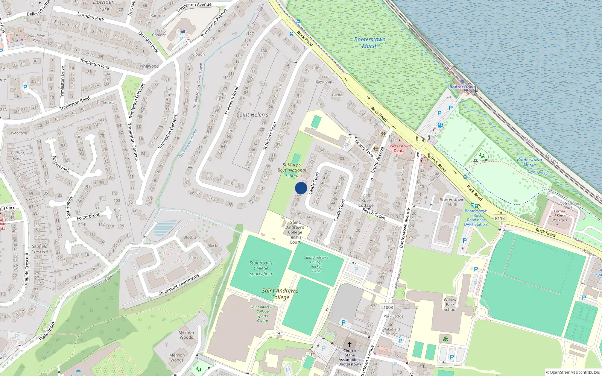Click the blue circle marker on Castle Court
(x=301, y=188)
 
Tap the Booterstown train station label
(x=462, y=87)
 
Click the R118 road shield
(x=500, y=218)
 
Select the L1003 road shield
(x=387, y=307)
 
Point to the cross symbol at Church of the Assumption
(x=350, y=344)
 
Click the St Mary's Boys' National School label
(x=292, y=170)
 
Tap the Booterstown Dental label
(x=399, y=148)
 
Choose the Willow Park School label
(x=450, y=305)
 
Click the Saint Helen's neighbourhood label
(x=252, y=115)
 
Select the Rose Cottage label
(x=366, y=203)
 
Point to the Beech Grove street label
(x=374, y=214)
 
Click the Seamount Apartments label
(x=179, y=285)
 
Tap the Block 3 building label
(x=195, y=258)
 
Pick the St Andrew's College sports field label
(x=261, y=268)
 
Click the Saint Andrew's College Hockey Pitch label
(x=316, y=264)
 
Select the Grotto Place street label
(x=364, y=148)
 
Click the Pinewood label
(x=149, y=66)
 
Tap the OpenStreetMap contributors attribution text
(x=573, y=373)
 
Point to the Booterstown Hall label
(x=452, y=202)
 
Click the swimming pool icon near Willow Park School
(x=445, y=339)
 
